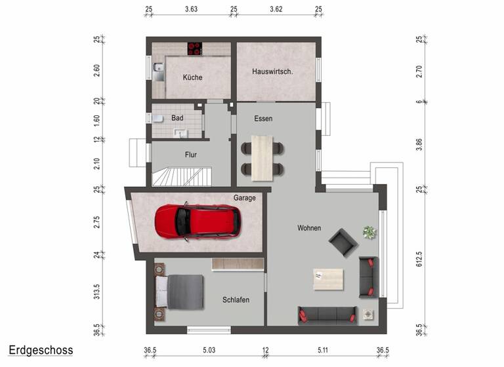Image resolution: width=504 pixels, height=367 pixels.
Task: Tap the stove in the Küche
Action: (x=194, y=48)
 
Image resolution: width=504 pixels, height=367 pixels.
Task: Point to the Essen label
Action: (x=263, y=119)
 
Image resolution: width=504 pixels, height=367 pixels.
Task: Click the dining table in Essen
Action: (x=263, y=157)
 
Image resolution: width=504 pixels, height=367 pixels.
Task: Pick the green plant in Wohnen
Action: (x=369, y=231)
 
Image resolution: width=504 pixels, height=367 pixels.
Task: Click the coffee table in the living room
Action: (x=328, y=279)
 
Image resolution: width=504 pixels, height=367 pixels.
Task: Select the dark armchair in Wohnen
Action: (x=344, y=242)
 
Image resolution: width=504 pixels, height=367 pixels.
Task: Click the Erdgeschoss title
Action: (x=41, y=350)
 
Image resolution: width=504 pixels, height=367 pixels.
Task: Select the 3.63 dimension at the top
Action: (x=191, y=9)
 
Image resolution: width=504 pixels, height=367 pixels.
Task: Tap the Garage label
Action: (x=244, y=197)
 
